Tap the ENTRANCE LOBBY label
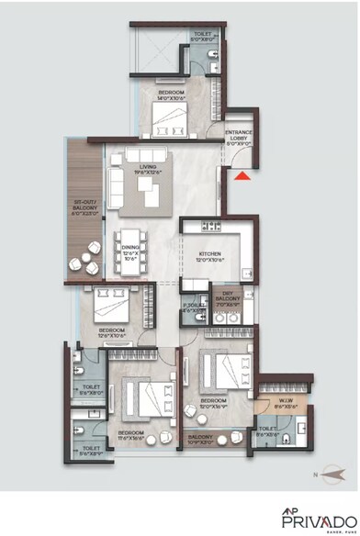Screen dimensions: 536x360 pyautogui.click(x=239, y=139)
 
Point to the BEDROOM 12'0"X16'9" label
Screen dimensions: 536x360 pyautogui.click(x=214, y=404)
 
